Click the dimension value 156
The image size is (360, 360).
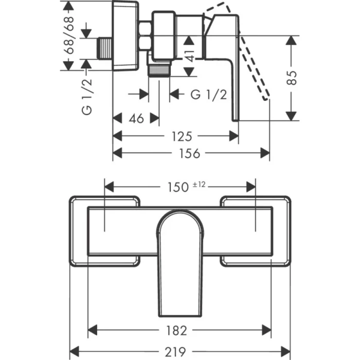coord(190,153)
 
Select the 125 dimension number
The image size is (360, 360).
coord(181,136)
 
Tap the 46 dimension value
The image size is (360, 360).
coord(136,119)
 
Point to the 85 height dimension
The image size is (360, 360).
coord(292,78)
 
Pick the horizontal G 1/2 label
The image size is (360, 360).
coord(209,95)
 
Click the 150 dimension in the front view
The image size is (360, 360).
coord(177,187)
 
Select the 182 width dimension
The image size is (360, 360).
coord(176,330)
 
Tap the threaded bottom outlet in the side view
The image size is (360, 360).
coord(159,69)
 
